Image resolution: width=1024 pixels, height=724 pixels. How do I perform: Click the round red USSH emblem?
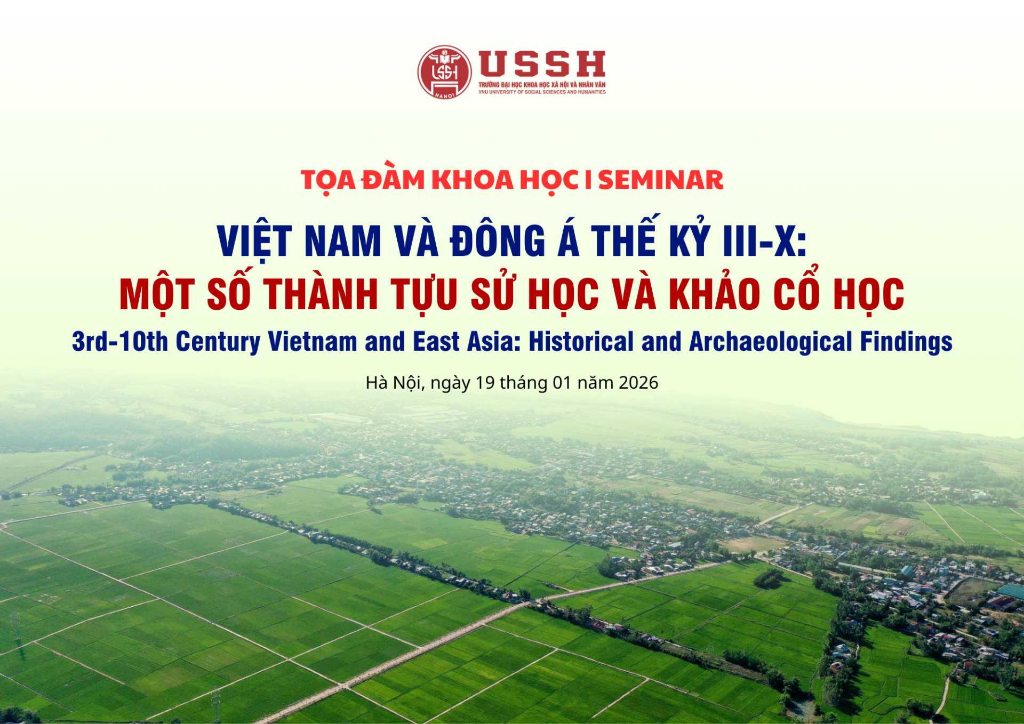tap(444, 72)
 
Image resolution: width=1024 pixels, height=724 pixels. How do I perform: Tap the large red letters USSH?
tap(542, 64)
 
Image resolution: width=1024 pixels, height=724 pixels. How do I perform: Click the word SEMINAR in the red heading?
tap(660, 180)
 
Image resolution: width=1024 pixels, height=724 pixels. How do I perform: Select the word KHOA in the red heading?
tap(472, 180)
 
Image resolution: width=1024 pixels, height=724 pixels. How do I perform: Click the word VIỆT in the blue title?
tap(254, 242)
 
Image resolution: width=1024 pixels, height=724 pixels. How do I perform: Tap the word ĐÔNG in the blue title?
tap(498, 242)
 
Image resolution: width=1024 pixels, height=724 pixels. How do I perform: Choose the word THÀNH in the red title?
tap(321, 294)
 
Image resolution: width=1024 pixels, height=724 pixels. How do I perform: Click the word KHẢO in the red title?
tap(714, 294)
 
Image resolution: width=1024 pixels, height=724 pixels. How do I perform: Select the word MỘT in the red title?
tap(156, 294)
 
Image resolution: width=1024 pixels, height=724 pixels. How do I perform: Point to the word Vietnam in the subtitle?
tap(313, 342)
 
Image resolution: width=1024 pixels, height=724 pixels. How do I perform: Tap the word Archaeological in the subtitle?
tap(771, 342)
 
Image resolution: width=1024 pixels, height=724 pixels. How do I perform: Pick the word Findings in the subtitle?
tap(906, 342)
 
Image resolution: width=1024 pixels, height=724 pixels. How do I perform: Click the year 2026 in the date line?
tap(638, 383)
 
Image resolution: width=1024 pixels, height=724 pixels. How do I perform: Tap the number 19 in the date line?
tap(485, 383)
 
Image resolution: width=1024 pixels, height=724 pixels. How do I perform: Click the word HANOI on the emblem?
tap(444, 95)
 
